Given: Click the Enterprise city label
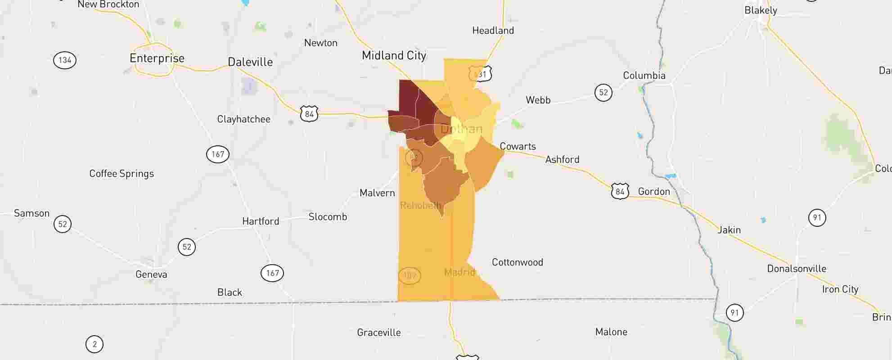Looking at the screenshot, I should tap(157, 58).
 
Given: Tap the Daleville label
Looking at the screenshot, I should tap(250, 62).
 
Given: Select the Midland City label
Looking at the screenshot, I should tap(394, 55).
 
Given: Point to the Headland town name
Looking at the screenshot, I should tap(493, 31).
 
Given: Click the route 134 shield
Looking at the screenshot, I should tap(65, 60).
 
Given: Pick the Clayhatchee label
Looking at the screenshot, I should tap(243, 119).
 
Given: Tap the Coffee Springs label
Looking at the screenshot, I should tap(122, 174).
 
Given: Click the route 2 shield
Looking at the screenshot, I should tap(95, 344).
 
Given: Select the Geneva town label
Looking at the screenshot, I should tap(151, 274).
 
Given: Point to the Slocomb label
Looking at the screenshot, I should tap(328, 217).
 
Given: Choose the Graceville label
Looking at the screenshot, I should tap(378, 333).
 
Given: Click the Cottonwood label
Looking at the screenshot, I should tap(517, 262).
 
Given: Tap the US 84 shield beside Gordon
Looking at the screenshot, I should tap(620, 191).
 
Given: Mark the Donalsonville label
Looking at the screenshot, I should tap(797, 269).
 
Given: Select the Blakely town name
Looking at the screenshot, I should tap(761, 10).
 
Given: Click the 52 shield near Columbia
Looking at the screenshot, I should tap(604, 93).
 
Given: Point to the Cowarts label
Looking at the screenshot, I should tap(518, 146).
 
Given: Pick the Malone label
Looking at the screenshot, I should tap(611, 332).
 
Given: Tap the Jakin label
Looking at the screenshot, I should tap(729, 230).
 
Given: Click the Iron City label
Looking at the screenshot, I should tap(840, 289).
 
